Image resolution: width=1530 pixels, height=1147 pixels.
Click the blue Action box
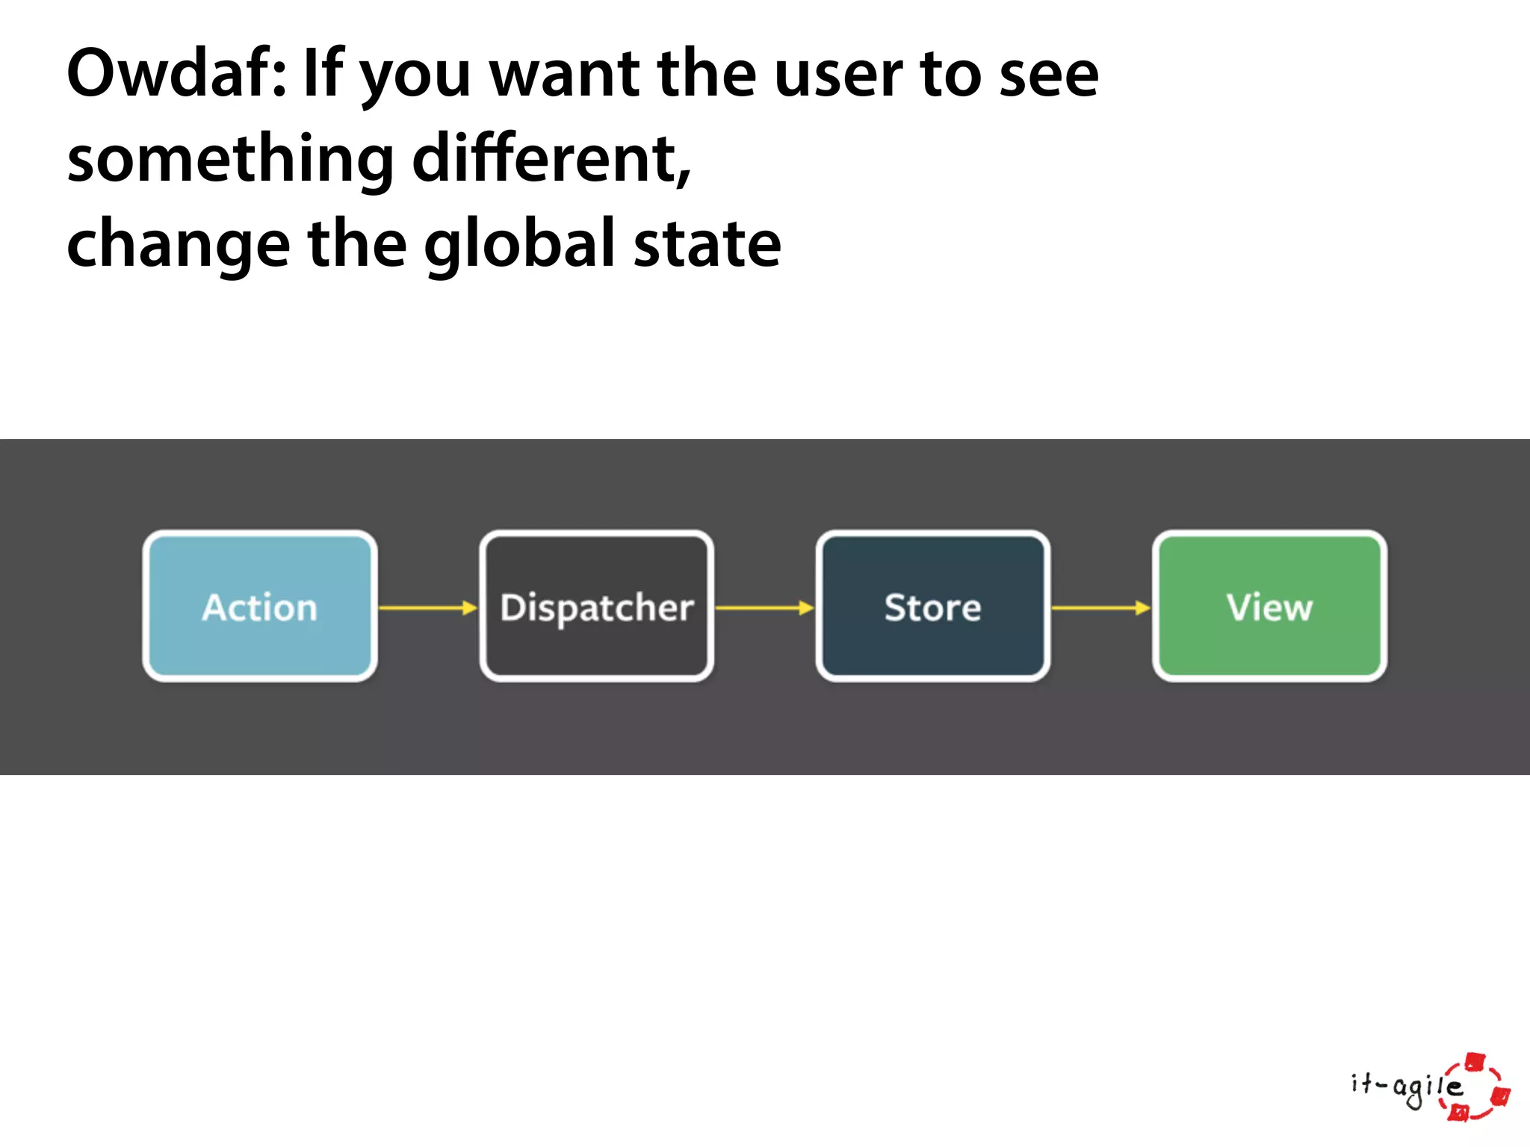tap(260, 606)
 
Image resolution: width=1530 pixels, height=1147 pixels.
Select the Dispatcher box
tap(596, 606)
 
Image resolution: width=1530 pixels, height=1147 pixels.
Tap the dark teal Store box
tap(932, 606)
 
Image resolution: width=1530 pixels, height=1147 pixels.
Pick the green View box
tap(1269, 606)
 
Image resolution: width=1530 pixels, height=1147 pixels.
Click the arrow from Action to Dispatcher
tap(428, 608)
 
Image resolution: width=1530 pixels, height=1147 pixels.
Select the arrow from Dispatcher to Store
tap(764, 608)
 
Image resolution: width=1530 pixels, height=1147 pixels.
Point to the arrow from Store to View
tap(1100, 608)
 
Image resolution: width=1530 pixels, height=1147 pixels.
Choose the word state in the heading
tap(707, 245)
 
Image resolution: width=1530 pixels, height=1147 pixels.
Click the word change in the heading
tap(178, 245)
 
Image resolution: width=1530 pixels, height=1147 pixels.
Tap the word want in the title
tap(564, 75)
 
